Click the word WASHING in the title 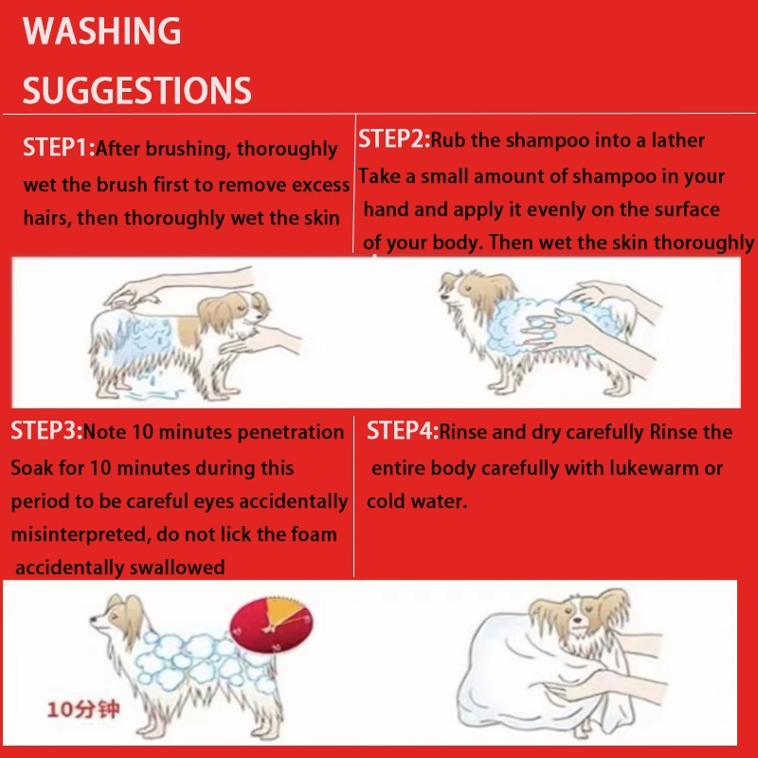[102, 31]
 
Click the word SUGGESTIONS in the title [136, 90]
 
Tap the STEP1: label [59, 148]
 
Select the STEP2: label [394, 139]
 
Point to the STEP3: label [46, 430]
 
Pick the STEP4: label [403, 430]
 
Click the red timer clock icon [271, 624]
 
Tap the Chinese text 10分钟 [83, 710]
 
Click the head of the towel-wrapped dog [578, 617]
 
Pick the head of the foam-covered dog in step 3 [117, 618]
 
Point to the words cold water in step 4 [417, 501]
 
